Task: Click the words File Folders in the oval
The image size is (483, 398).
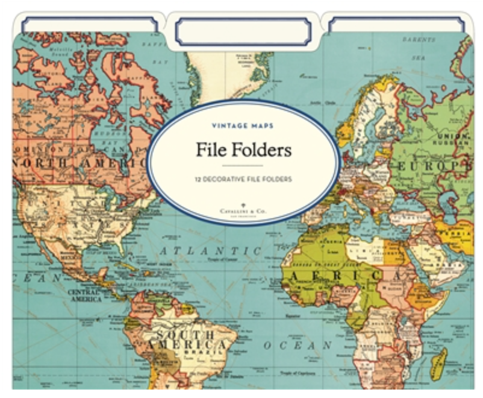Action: pos(243,149)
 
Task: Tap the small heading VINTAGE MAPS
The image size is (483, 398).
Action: pos(243,125)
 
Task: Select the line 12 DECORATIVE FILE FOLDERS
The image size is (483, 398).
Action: pos(243,179)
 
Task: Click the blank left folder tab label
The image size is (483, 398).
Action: pos(89,25)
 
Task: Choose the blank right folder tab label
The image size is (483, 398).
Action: pos(396,25)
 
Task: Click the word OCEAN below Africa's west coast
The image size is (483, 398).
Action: pos(298,346)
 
